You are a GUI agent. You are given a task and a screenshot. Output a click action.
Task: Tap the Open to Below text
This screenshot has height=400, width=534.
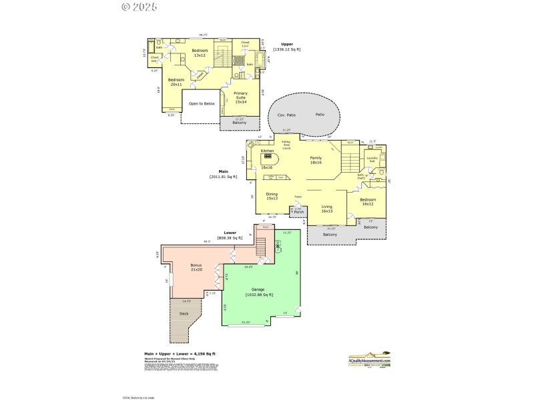coord(201,104)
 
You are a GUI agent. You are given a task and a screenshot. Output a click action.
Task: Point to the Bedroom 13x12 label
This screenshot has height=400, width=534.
coord(200,53)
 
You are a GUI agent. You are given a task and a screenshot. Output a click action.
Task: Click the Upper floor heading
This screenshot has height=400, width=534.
coord(286,45)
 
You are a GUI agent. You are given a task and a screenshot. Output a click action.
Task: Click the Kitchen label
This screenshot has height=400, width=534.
coord(267,151)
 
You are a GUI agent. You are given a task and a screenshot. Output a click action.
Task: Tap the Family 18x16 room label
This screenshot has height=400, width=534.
coord(316,159)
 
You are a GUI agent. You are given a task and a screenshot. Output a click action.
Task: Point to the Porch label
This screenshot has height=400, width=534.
coord(299,213)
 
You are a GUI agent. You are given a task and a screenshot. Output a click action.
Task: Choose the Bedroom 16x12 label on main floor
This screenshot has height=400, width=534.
coord(368,201)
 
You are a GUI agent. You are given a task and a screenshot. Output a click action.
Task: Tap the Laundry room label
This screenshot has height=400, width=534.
coord(372,160)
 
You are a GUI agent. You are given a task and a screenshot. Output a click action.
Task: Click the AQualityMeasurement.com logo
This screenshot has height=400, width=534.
coord(369,361)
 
